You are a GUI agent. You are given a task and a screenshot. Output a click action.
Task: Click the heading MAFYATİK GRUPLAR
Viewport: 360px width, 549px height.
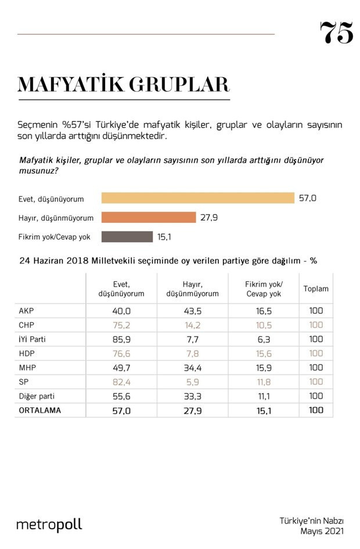point(123,85)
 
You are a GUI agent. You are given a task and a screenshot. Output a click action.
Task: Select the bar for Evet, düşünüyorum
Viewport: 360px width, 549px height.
point(197,198)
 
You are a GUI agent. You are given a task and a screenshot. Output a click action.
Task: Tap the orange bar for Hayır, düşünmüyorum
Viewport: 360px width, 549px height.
point(149,218)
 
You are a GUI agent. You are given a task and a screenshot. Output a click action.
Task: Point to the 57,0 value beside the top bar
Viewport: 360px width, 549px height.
point(307,198)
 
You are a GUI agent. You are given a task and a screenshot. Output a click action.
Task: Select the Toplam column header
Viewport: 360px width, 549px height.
point(315,288)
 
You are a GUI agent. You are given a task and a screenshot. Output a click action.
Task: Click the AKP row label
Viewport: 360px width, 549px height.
point(27,310)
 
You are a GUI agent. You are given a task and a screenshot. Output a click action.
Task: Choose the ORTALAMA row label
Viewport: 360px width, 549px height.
point(41,410)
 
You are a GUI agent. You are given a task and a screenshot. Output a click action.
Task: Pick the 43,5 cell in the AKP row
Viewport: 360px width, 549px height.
point(192,310)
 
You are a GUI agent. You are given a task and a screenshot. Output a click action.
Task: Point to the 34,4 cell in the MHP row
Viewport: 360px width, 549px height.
point(192,367)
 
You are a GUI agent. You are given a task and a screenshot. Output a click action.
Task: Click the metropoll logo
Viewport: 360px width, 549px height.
point(49,525)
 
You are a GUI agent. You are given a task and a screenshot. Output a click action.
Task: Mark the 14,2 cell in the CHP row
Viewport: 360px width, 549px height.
point(192,325)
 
